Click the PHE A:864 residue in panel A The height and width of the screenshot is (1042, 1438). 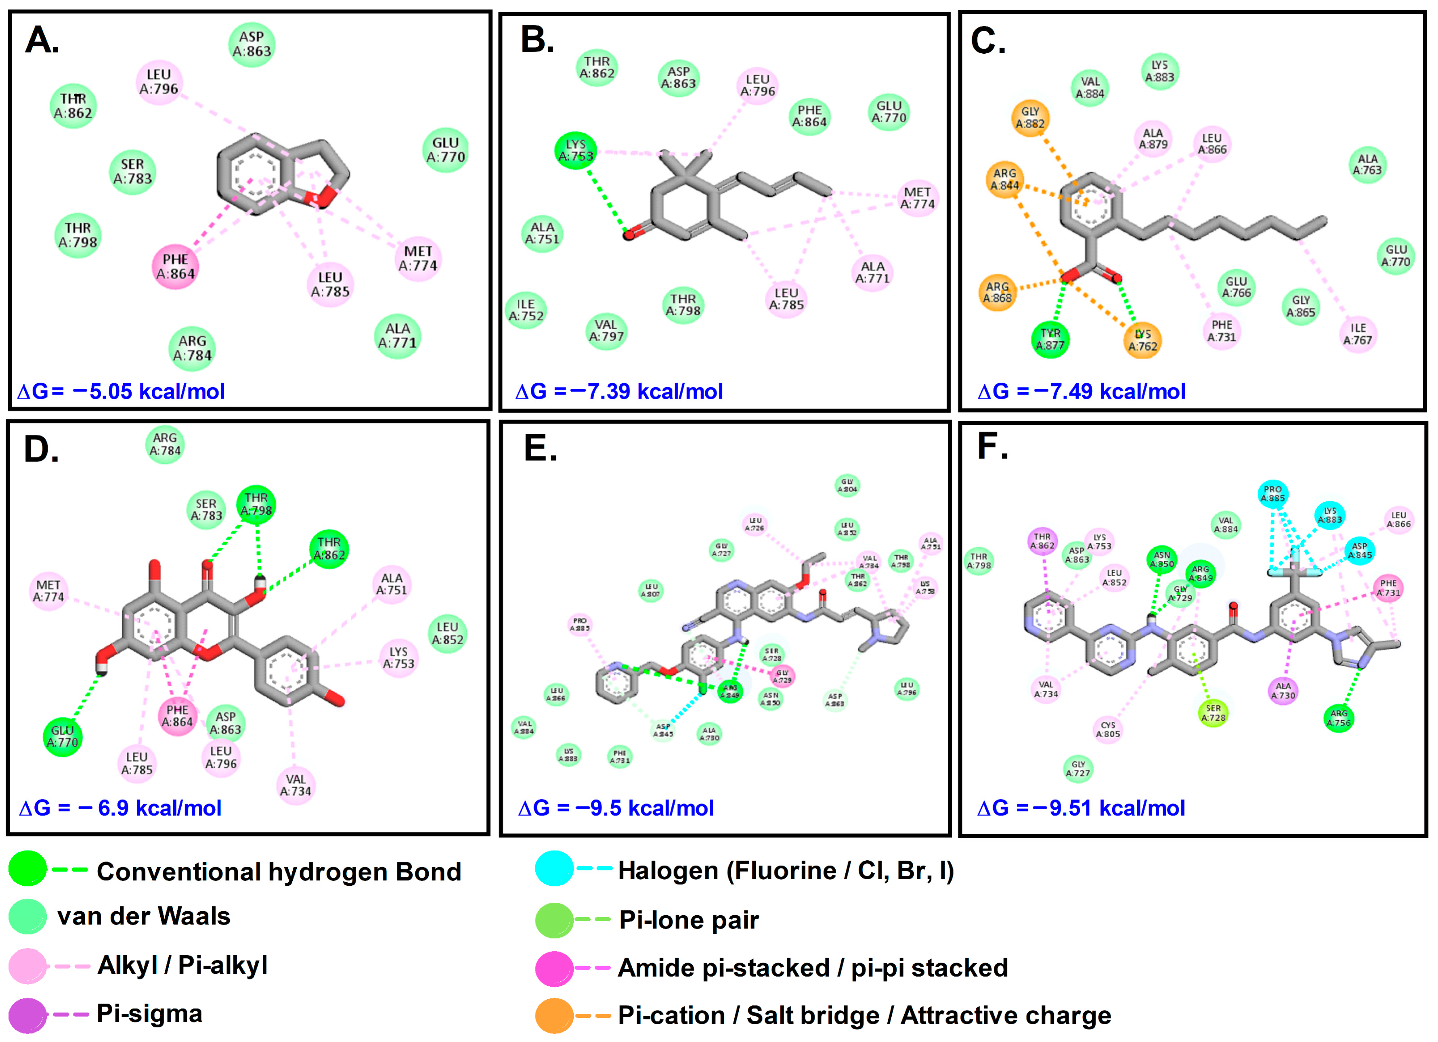click(176, 266)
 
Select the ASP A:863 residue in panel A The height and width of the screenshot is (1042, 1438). click(252, 44)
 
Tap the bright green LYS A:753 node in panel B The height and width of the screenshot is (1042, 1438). click(576, 150)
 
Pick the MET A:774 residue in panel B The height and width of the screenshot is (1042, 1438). click(918, 198)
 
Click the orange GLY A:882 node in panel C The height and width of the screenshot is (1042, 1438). click(1030, 118)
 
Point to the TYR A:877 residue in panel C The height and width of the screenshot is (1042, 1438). click(1050, 339)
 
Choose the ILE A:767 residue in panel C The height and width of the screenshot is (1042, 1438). click(1358, 334)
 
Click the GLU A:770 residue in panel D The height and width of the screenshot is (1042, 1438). click(62, 737)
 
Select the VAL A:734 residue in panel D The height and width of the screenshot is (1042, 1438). click(296, 786)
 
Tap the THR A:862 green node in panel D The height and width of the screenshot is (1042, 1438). click(329, 549)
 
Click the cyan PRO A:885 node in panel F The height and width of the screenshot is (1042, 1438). click(1272, 493)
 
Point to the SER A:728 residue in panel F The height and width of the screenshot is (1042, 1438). click(1213, 713)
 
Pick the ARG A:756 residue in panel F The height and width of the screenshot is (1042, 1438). click(1339, 718)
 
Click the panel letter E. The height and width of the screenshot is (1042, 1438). click(540, 449)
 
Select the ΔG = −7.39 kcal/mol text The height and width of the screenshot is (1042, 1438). click(619, 391)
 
